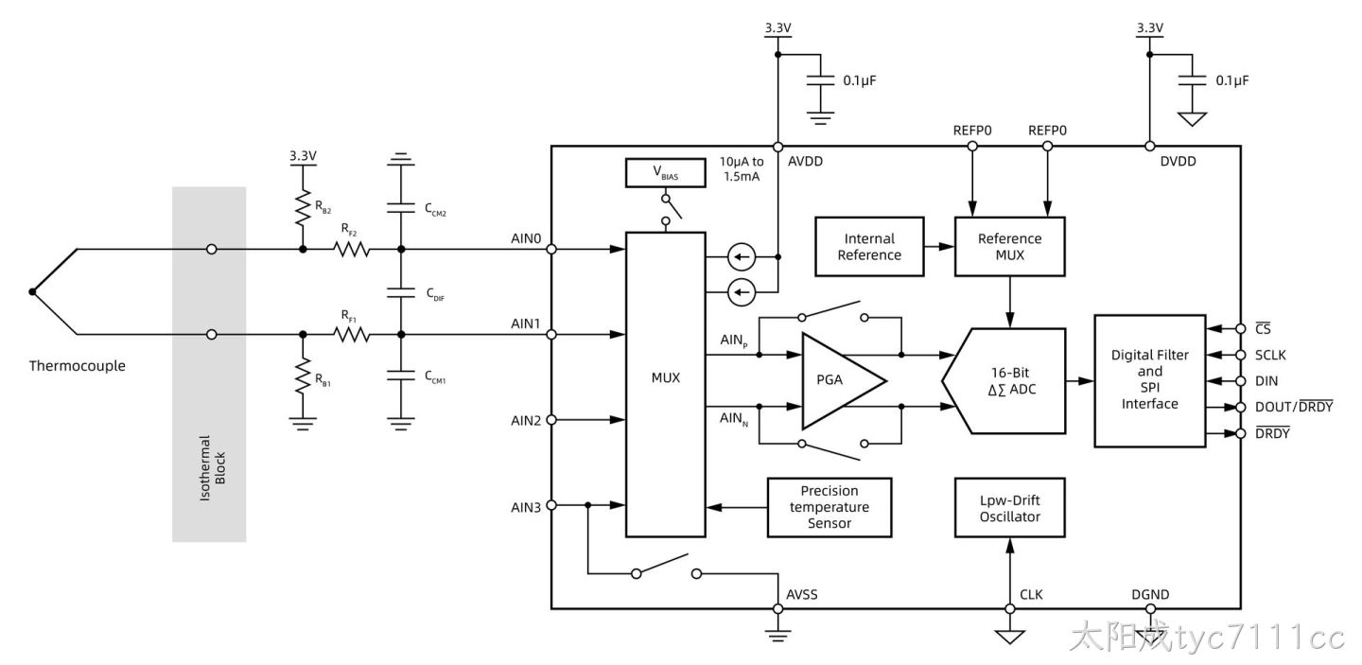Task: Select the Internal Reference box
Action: pyautogui.click(x=869, y=247)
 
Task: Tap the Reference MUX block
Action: pyautogui.click(x=1009, y=247)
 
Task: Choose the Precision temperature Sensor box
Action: pyautogui.click(x=829, y=507)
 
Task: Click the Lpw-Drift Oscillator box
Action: pyautogui.click(x=1009, y=508)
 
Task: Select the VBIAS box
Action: pyautogui.click(x=665, y=172)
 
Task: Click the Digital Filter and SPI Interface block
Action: pyautogui.click(x=1149, y=380)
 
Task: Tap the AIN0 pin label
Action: pyautogui.click(x=526, y=238)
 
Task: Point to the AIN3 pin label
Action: pyautogui.click(x=526, y=507)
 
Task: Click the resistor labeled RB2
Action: pyautogui.click(x=303, y=208)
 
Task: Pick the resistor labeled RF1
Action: pyautogui.click(x=352, y=334)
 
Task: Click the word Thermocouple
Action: pyautogui.click(x=78, y=366)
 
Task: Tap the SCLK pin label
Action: pyautogui.click(x=1270, y=355)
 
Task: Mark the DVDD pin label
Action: pyautogui.click(x=1178, y=161)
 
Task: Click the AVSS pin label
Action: pyautogui.click(x=801, y=594)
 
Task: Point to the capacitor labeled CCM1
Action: pyautogui.click(x=401, y=376)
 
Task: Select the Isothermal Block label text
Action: pyautogui.click(x=212, y=468)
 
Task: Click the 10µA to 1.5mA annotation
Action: pyautogui.click(x=742, y=169)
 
